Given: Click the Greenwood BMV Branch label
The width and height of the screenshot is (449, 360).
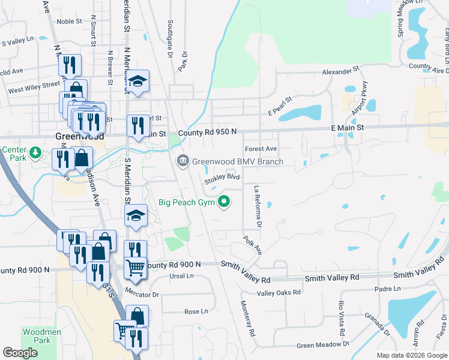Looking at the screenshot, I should tap(238, 161).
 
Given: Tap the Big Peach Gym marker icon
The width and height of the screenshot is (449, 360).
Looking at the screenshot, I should tap(225, 202).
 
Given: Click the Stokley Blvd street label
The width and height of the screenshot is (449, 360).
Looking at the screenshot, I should tap(221, 178).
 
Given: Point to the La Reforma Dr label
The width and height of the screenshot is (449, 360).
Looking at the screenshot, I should tap(258, 206).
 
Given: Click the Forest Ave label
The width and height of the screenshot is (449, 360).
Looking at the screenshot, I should tap(261, 149).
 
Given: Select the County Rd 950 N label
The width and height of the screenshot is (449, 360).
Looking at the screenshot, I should tap(208, 131).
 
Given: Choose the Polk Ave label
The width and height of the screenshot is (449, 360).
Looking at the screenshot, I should tap(253, 245).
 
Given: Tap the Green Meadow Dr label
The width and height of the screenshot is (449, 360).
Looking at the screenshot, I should tap(322, 344).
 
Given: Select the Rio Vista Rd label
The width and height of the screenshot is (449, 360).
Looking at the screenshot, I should tap(340, 317).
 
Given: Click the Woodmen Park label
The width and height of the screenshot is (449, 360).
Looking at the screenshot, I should tap(38, 335).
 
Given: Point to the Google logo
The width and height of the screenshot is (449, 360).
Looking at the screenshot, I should tap(20, 352).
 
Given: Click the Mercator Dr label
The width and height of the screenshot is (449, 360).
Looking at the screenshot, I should tap(142, 295).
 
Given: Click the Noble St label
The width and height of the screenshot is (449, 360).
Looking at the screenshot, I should tap(69, 21).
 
